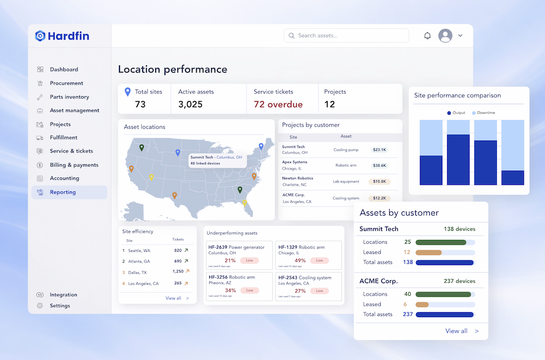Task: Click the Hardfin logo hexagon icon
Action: pyautogui.click(x=41, y=36)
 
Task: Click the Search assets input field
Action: pyautogui.click(x=346, y=36)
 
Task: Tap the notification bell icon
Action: pyautogui.click(x=428, y=36)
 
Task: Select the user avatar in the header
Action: pyautogui.click(x=445, y=36)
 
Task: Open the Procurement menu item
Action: pyautogui.click(x=67, y=83)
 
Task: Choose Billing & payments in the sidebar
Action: pyautogui.click(x=74, y=165)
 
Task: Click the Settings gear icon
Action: pyautogui.click(x=40, y=305)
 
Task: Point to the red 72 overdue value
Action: pyautogui.click(x=278, y=104)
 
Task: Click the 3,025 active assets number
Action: pyautogui.click(x=190, y=104)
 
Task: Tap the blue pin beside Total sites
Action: pyautogui.click(x=128, y=92)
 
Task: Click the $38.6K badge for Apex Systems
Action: pyautogui.click(x=379, y=165)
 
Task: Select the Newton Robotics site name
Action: pyautogui.click(x=297, y=178)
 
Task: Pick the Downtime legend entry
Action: pyautogui.click(x=483, y=113)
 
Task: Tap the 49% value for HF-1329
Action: pyautogui.click(x=300, y=261)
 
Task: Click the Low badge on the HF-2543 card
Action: pyautogui.click(x=320, y=290)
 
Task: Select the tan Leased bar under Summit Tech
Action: pyautogui.click(x=429, y=252)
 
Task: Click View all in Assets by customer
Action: pyautogui.click(x=456, y=331)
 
